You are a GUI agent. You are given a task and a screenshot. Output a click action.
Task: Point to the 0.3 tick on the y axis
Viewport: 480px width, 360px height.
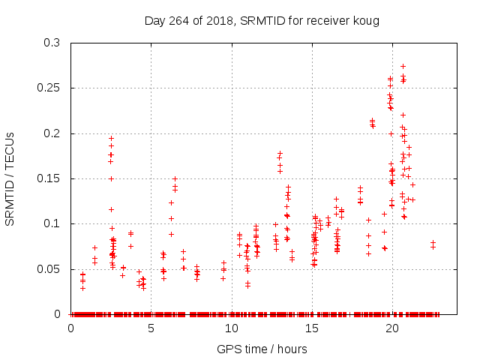[52, 43]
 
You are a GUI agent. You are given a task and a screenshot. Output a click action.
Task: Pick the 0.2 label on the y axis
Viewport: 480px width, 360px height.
[52, 133]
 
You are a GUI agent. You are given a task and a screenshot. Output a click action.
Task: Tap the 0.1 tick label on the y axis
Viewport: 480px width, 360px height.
[52, 223]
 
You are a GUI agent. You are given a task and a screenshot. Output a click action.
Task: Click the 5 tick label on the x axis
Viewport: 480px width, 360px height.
[151, 328]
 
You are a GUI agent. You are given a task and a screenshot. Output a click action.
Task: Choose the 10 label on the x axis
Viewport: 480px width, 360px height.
[231, 328]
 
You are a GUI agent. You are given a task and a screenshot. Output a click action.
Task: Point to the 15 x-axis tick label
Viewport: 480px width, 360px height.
[311, 328]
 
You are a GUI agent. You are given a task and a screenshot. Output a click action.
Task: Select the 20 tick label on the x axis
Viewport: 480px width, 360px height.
[391, 328]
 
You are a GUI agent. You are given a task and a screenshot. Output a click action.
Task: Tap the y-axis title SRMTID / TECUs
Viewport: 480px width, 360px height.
[11, 178]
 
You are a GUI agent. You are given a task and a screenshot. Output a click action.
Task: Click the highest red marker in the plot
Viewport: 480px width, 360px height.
[403, 66]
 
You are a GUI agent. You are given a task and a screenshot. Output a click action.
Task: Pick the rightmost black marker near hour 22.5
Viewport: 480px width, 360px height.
[433, 243]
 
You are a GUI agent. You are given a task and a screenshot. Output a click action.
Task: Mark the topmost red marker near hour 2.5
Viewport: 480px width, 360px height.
[111, 138]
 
